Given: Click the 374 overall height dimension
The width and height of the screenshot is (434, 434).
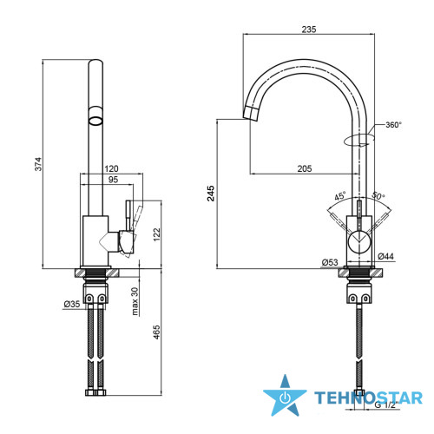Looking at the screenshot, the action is [x=38, y=164].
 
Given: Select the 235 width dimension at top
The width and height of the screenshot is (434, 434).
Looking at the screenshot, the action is [x=309, y=30].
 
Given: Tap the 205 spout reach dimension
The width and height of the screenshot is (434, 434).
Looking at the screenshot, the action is [x=305, y=168].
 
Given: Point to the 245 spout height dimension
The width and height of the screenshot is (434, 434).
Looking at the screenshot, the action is [x=211, y=194].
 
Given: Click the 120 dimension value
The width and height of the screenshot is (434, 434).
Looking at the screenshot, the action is [x=111, y=168].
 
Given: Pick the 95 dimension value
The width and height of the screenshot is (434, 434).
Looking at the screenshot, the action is [x=113, y=180].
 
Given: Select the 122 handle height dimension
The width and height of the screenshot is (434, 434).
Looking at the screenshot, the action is [x=156, y=234].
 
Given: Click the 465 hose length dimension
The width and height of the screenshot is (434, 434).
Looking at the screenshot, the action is [x=156, y=332].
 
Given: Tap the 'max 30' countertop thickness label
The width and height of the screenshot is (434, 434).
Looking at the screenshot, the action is [x=135, y=301].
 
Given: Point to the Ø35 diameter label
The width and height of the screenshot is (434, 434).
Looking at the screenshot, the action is [x=72, y=304].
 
